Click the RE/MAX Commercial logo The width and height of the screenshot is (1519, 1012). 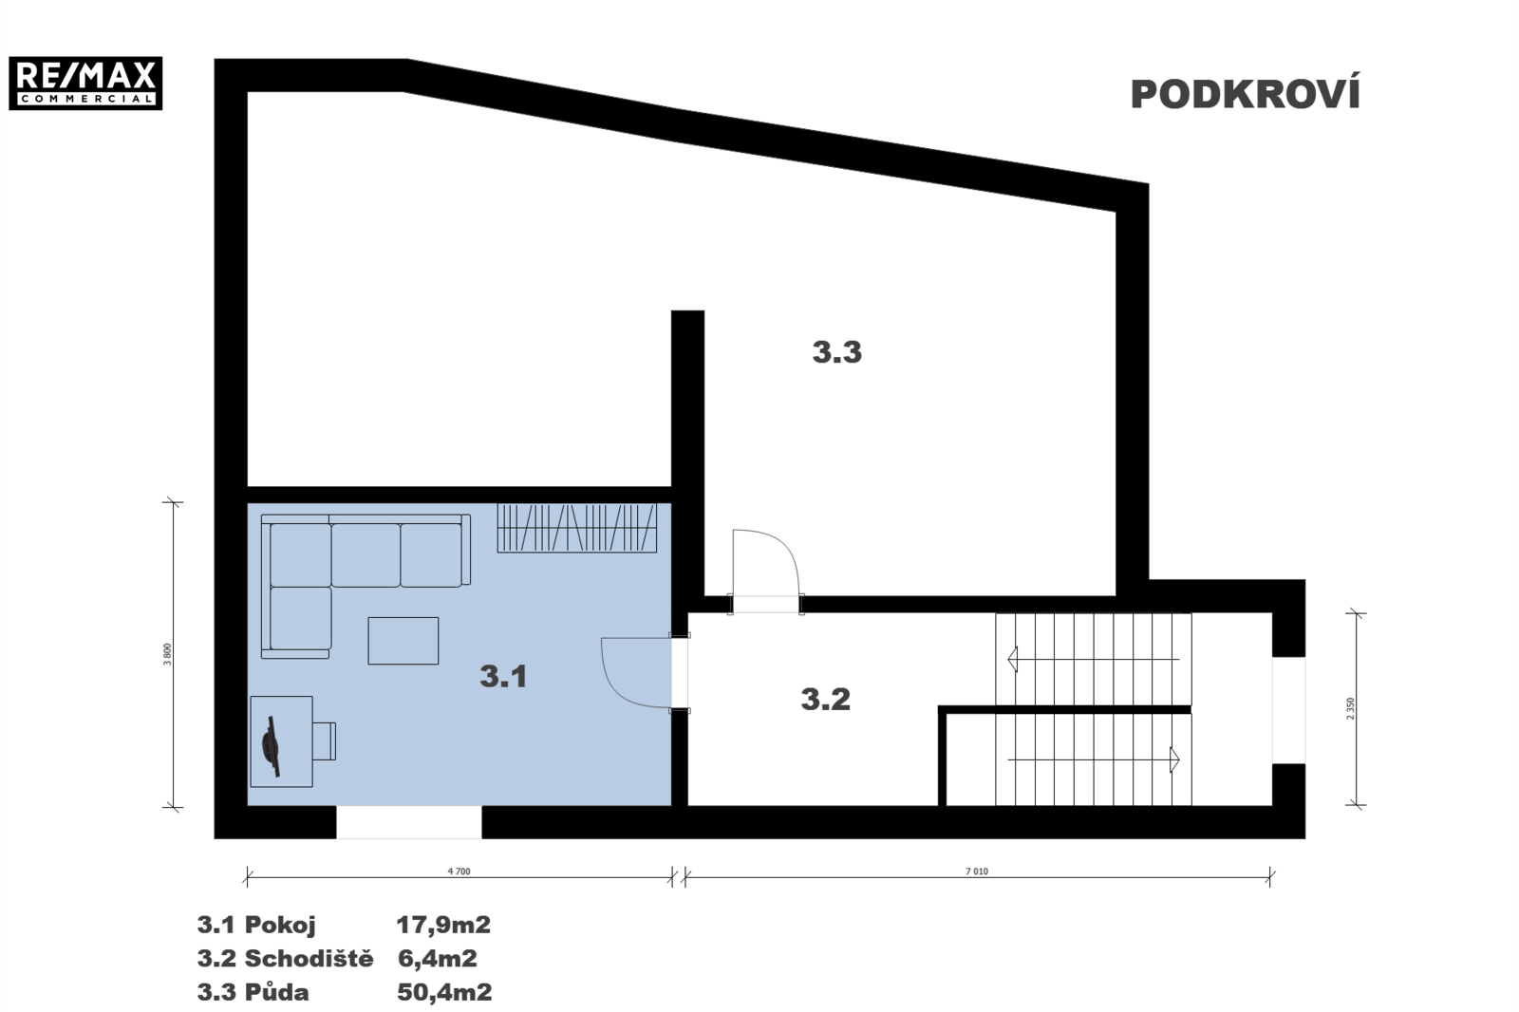pyautogui.click(x=85, y=83)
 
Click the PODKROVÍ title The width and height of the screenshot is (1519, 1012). pyautogui.click(x=1245, y=94)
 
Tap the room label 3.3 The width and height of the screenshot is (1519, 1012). pyautogui.click(x=836, y=352)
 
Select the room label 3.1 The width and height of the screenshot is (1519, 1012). pyautogui.click(x=503, y=676)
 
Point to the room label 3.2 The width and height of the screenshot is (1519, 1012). pyautogui.click(x=825, y=700)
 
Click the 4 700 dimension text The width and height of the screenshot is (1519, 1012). pyautogui.click(x=459, y=871)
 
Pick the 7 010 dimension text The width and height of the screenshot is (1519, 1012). pyautogui.click(x=977, y=871)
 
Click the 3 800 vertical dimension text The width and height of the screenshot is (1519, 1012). pyautogui.click(x=167, y=654)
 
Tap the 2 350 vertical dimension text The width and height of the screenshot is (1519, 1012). pyautogui.click(x=1350, y=709)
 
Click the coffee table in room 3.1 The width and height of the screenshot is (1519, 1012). pyautogui.click(x=403, y=640)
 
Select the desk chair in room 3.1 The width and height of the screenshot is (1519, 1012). pyautogui.click(x=324, y=741)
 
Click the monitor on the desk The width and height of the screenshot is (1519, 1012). pyautogui.click(x=272, y=746)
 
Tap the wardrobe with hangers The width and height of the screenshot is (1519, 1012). pyautogui.click(x=577, y=528)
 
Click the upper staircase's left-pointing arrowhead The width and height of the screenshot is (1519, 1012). pyautogui.click(x=1013, y=659)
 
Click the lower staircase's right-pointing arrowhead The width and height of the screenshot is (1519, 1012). pyautogui.click(x=1174, y=759)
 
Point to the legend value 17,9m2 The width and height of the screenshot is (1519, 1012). pyautogui.click(x=442, y=924)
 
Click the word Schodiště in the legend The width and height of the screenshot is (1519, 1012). pyautogui.click(x=309, y=958)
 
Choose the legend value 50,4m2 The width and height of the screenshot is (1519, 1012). pyautogui.click(x=444, y=992)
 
